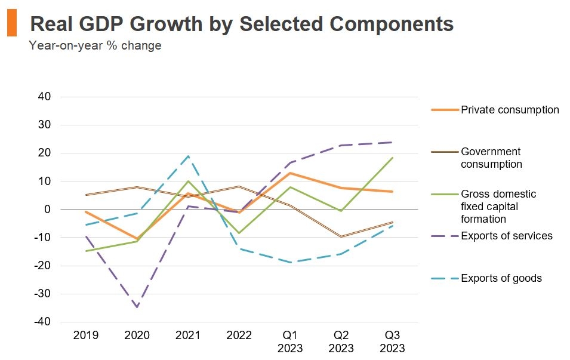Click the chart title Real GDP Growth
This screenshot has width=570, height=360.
point(241,24)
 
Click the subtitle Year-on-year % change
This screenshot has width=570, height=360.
point(95,45)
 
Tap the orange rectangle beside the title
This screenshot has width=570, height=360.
point(12,23)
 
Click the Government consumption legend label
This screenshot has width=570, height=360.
point(491,158)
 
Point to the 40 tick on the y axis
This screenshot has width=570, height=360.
point(45,97)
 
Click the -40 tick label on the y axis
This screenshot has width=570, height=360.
point(43,322)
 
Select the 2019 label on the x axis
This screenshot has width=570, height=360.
point(85,336)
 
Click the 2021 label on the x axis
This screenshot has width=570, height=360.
point(187,336)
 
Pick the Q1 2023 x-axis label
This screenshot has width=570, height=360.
point(289,341)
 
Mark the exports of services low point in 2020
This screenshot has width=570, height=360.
point(137,307)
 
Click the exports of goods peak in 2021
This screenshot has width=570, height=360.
point(188,156)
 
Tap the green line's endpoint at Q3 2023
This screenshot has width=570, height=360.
point(392,158)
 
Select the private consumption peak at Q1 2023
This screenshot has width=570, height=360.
point(290,173)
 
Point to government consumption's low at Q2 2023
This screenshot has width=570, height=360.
point(341,237)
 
